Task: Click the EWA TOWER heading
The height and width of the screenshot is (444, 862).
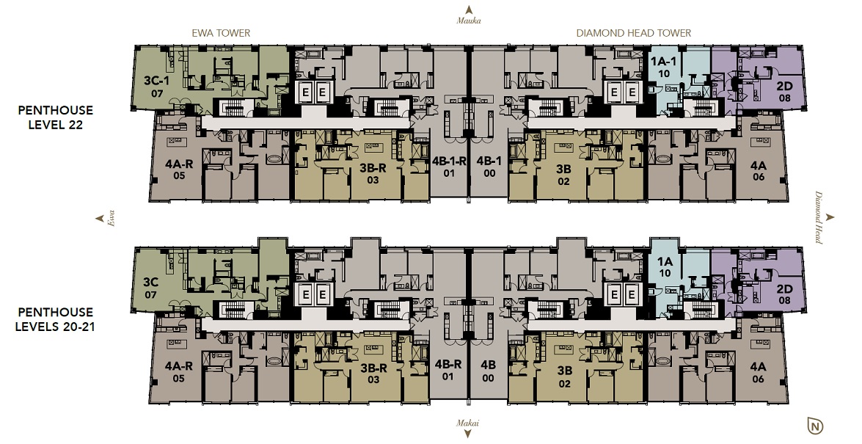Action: coord(220,33)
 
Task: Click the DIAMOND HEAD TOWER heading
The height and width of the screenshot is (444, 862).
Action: coord(633,33)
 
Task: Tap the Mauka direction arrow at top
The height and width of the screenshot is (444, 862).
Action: coord(469,10)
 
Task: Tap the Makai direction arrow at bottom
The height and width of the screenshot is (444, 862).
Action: coord(468,434)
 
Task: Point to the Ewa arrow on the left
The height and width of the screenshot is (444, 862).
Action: coord(100,219)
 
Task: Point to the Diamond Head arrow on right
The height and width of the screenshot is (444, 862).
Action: coord(830,217)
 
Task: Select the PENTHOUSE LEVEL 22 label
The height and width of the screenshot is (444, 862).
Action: coord(56,117)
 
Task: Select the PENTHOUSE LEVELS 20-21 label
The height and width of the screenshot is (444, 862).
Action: coord(55,319)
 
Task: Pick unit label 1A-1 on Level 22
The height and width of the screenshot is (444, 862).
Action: coord(664,62)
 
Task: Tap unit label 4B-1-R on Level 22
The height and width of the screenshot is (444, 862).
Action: coord(449,161)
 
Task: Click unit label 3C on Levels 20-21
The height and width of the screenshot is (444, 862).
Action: coord(150,283)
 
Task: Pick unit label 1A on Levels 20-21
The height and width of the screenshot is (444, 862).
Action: coord(665,261)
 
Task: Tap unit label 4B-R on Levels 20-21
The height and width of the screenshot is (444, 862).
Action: coord(448,364)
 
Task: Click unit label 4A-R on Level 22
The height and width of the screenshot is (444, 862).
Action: coord(179,164)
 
